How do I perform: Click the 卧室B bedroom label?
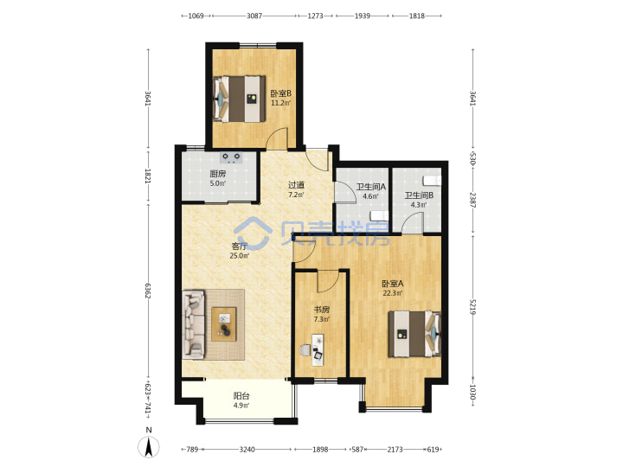point(281,93)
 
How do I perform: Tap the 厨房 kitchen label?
point(218,174)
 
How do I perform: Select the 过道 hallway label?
point(296,185)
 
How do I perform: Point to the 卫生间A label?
point(370,186)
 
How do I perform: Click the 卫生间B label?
point(419,195)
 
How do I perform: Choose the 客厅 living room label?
point(239,246)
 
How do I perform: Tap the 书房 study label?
point(321,310)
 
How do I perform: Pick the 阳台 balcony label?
point(241,396)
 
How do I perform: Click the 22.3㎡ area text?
point(393,293)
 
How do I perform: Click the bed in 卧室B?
point(240,99)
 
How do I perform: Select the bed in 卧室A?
point(414,334)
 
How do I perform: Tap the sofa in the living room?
point(194,324)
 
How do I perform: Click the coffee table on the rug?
point(224,324)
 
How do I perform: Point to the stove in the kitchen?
point(231,158)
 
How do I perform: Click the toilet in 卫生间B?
point(433,181)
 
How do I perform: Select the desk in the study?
point(318,350)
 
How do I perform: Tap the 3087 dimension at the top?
point(254,16)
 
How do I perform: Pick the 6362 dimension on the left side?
point(148,291)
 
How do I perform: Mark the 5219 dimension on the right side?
point(472,307)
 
